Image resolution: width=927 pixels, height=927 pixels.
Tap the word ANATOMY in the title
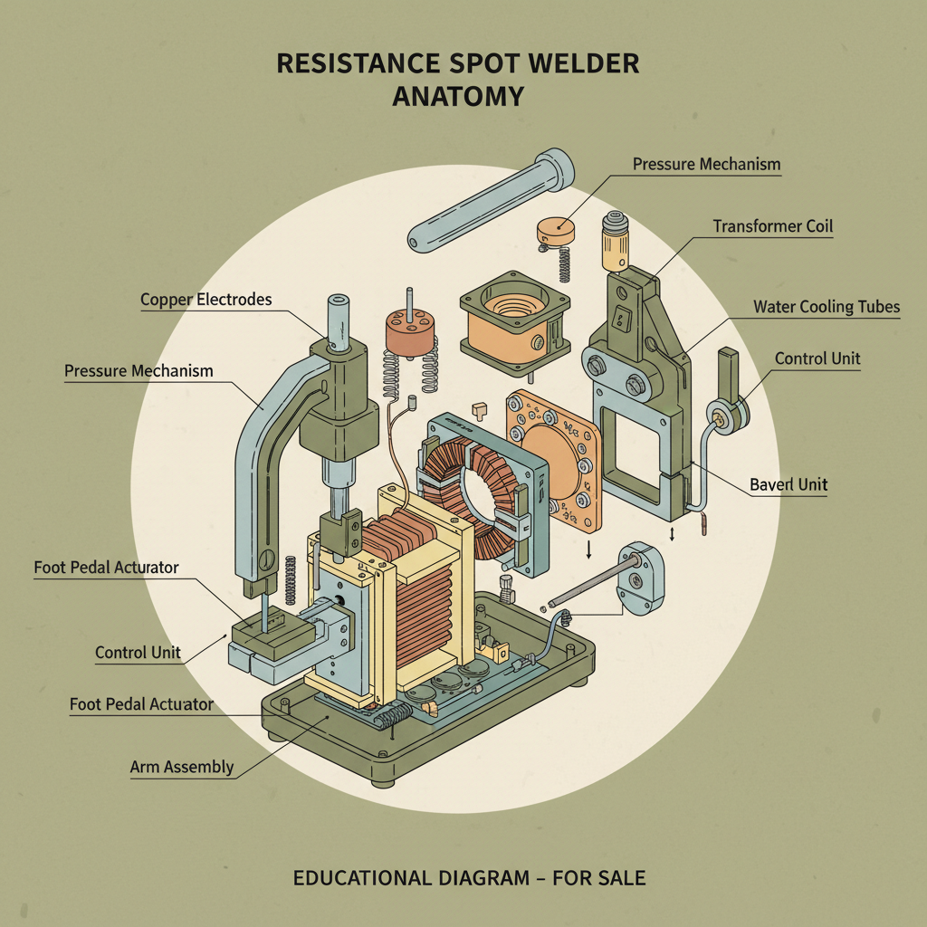point(457,96)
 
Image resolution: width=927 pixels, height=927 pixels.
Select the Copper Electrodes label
point(205,300)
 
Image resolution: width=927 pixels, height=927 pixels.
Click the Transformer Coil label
point(772,226)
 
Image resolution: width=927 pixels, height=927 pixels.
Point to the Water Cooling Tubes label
point(827,307)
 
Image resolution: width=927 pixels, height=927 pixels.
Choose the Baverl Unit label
point(788,485)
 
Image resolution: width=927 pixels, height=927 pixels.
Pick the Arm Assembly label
point(182,768)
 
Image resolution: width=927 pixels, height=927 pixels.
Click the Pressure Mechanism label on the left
point(139,371)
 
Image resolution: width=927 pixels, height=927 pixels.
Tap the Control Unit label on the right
point(817,359)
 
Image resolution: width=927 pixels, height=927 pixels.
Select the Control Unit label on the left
point(138,652)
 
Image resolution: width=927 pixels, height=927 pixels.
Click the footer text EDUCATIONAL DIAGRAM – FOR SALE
point(469,878)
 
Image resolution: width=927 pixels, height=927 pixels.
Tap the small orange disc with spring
point(556,232)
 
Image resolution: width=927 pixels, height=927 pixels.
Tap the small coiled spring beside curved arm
point(291,579)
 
